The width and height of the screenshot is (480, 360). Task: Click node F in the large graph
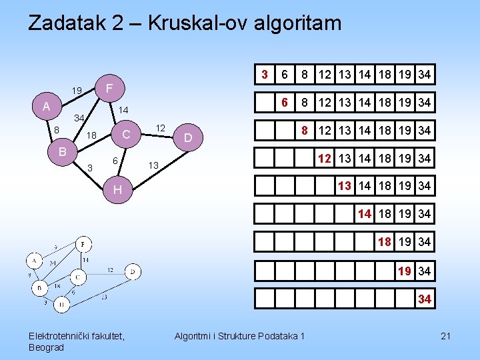tap(110, 87)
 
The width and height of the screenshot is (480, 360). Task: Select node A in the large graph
tap(46, 107)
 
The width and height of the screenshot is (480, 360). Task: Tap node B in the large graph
tap(62, 151)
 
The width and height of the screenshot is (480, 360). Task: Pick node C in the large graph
tap(125, 134)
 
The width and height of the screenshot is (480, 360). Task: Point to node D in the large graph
tap(188, 138)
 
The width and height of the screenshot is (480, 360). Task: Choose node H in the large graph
tap(117, 190)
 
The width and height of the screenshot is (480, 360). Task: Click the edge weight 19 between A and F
tap(77, 91)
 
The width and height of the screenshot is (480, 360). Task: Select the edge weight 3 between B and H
tap(90, 167)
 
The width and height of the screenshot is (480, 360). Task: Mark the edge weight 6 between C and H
tap(115, 161)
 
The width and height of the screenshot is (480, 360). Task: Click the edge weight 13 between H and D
tap(153, 165)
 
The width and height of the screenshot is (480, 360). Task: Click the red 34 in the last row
tap(425, 299)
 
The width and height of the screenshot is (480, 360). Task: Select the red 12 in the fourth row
tap(325, 158)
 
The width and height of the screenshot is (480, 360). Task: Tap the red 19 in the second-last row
tap(405, 271)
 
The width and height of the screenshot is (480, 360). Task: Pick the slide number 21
tap(445, 336)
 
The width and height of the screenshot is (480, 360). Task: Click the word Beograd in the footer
tap(47, 347)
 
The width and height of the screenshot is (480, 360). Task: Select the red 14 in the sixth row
tap(365, 214)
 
